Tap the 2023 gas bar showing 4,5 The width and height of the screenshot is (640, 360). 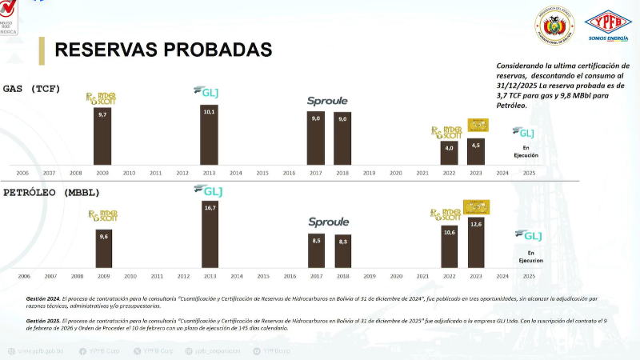point(476,151)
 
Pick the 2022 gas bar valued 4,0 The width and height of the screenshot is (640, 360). point(449,153)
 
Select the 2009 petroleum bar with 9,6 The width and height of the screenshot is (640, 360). point(103,249)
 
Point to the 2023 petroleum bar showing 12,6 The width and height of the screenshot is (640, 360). point(476,243)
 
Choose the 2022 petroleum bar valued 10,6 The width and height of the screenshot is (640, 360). point(449,246)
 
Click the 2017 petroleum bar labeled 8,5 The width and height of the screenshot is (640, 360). point(316,251)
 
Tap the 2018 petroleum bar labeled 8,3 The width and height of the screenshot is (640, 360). point(342,251)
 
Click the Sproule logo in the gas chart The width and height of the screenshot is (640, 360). point(327,101)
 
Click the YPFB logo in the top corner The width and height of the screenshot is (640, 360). point(608,25)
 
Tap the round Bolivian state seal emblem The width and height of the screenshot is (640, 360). point(554,25)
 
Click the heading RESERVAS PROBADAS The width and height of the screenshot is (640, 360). point(163,50)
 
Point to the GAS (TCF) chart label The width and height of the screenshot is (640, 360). point(32,88)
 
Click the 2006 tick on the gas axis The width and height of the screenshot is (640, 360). point(22,173)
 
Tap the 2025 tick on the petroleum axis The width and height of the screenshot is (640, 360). point(529,276)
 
